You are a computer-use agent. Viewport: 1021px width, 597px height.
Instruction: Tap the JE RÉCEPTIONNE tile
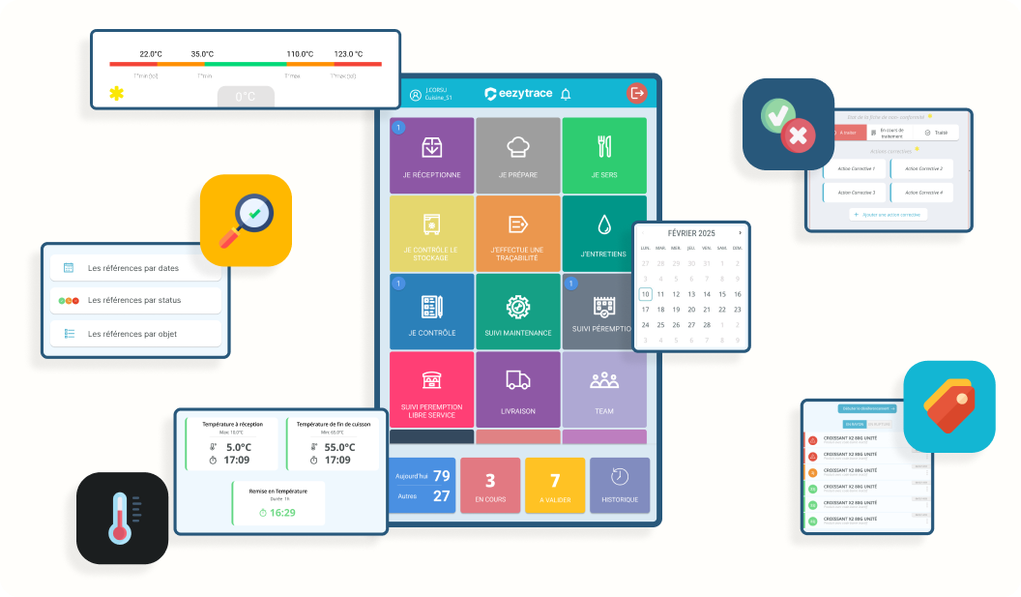click(x=431, y=155)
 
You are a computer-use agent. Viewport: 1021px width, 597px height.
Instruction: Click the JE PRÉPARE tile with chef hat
click(x=517, y=155)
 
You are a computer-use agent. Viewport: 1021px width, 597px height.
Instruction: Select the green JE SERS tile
click(x=603, y=155)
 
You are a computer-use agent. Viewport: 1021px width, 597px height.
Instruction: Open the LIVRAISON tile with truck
click(x=517, y=389)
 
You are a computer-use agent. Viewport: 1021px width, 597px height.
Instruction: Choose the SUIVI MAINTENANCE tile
click(x=517, y=312)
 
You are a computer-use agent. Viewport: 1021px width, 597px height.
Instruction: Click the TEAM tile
click(x=603, y=389)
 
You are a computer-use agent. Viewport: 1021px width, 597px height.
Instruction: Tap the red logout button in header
click(x=636, y=93)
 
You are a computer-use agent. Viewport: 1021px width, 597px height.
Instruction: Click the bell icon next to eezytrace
click(x=566, y=94)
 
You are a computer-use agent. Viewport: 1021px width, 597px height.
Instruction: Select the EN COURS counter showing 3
click(x=490, y=486)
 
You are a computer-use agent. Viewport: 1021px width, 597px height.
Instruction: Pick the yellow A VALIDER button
click(x=555, y=486)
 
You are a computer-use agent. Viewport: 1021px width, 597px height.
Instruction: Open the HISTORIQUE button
click(x=620, y=486)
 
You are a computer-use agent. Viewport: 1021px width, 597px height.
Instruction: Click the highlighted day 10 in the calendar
click(x=645, y=294)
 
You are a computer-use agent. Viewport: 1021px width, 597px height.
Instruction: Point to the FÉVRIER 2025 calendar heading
click(x=690, y=233)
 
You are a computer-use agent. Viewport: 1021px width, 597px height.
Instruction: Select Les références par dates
click(x=135, y=268)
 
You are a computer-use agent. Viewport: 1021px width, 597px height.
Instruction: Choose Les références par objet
click(x=135, y=334)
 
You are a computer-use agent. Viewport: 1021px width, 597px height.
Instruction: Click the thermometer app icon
click(x=122, y=518)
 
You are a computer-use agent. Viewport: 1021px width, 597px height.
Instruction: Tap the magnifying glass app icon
click(x=246, y=220)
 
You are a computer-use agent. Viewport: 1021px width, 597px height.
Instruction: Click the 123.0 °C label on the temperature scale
click(x=348, y=54)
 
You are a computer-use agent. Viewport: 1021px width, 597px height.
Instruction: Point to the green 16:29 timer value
click(x=282, y=513)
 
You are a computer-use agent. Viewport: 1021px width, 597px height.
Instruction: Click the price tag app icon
click(x=948, y=406)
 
